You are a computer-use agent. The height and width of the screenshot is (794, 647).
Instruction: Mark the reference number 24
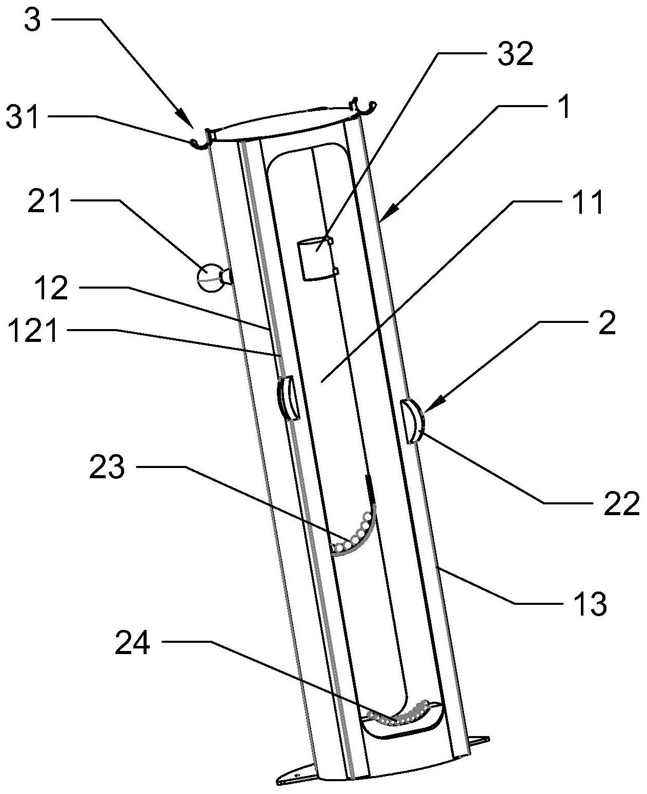click(132, 643)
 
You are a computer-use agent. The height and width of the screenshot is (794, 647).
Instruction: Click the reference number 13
click(590, 603)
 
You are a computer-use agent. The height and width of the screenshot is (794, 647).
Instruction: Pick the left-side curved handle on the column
click(287, 398)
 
